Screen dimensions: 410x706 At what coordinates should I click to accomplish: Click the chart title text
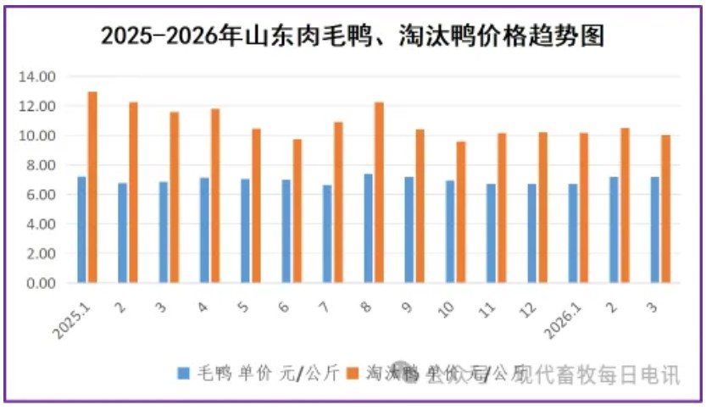[x=353, y=36]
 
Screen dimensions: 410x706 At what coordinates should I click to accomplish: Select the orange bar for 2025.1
[x=92, y=187]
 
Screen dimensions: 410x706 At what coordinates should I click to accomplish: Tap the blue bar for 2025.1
[x=81, y=230]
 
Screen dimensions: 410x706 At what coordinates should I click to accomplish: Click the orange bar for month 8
[x=379, y=192]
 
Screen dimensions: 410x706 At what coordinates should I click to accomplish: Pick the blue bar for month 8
[x=368, y=229]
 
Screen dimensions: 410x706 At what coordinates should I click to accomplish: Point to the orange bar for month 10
[x=461, y=212]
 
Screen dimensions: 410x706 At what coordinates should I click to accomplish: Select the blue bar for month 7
[x=327, y=234]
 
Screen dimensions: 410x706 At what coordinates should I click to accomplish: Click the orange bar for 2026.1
[x=583, y=208]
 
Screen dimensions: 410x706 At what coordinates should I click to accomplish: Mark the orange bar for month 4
[x=215, y=196]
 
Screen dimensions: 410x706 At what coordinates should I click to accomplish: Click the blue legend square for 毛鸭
[x=183, y=373]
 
